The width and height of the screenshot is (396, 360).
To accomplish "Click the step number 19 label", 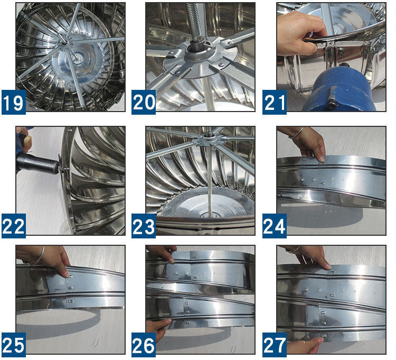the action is tap(14, 102).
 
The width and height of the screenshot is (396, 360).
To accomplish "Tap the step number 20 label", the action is tap(144, 102).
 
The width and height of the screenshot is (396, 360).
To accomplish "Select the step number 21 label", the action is tap(274, 102).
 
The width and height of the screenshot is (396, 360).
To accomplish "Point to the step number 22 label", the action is tap(14, 226).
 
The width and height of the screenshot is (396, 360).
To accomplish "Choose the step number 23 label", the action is tap(144, 226).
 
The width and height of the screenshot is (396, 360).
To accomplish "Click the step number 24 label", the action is tap(274, 226).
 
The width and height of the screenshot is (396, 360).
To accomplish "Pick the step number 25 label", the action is tap(14, 345).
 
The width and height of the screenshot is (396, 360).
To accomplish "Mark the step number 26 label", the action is tap(144, 345).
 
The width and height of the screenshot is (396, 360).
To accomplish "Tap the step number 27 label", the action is tap(274, 345).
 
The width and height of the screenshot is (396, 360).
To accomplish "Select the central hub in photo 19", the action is tap(64, 43).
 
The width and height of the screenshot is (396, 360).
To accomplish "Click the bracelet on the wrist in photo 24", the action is tap(297, 133).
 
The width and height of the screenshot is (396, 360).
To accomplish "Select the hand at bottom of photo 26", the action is tap(157, 327).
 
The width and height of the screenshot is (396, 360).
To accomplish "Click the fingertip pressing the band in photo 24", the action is tap(321, 159).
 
